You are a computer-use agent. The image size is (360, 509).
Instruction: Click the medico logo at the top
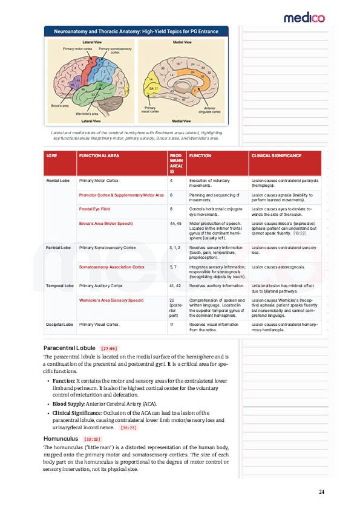click(x=304, y=18)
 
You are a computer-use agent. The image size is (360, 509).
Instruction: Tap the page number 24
click(x=321, y=492)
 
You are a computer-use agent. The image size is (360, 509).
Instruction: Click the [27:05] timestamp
click(x=109, y=349)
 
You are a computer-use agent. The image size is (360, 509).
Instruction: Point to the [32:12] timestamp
click(x=93, y=439)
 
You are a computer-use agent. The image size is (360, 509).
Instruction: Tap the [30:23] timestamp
click(x=128, y=427)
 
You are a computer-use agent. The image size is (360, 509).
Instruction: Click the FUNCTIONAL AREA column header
click(x=99, y=156)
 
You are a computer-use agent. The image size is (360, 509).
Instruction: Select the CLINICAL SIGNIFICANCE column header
click(x=276, y=156)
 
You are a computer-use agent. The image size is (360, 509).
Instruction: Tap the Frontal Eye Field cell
click(x=94, y=209)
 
